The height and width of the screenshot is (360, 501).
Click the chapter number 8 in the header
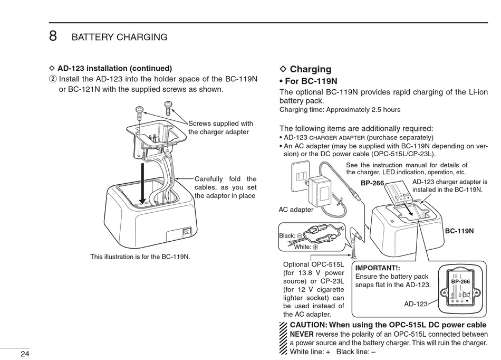[53, 36]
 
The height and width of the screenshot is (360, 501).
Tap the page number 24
[25, 353]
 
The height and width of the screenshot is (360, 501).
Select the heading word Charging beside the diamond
[311, 69]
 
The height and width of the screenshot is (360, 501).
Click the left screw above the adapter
[139, 110]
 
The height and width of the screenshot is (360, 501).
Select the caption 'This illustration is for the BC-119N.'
[140, 257]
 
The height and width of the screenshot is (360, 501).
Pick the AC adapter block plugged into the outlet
[319, 190]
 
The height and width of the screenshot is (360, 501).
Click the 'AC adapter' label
[296, 210]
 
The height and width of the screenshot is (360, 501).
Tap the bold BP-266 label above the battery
[372, 183]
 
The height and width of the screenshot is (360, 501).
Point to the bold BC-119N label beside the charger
[459, 231]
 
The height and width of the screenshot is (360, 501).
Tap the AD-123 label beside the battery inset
[416, 304]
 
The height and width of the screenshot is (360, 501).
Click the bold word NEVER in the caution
[302, 334]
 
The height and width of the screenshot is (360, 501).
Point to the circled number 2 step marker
[52, 79]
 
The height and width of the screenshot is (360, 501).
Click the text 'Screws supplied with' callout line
[220, 124]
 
